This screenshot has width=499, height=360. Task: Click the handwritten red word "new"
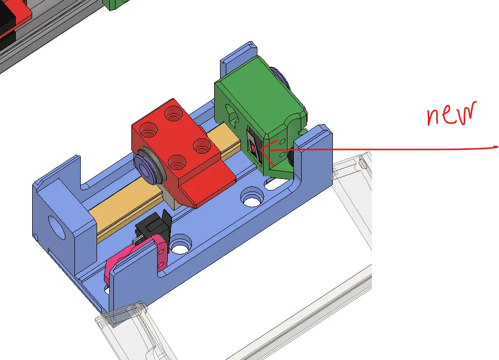click(x=451, y=114)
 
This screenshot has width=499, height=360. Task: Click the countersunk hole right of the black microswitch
click(x=181, y=246)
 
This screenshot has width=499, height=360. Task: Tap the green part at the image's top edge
click(x=117, y=4)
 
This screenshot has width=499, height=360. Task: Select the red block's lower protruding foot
click(x=206, y=185)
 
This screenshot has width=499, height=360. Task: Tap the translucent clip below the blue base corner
click(x=119, y=317)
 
